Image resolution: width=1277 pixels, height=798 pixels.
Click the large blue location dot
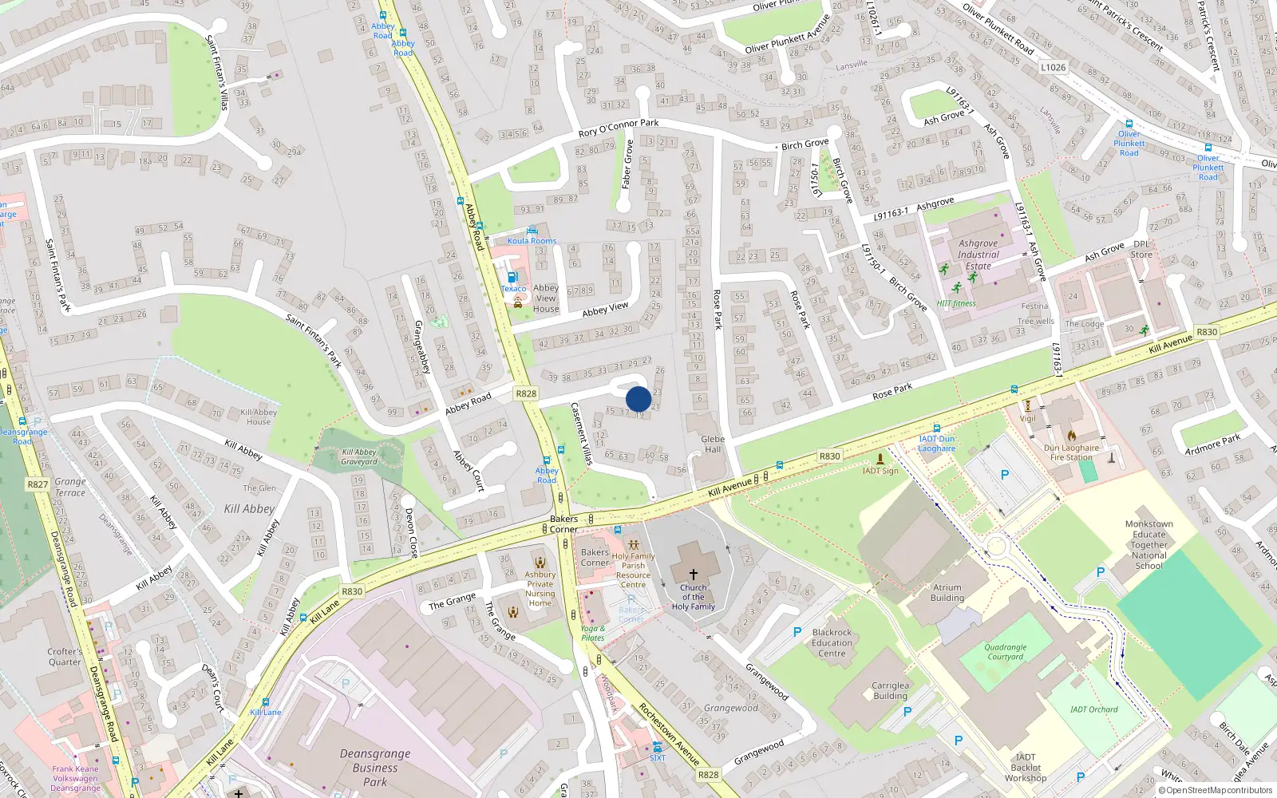(638, 399)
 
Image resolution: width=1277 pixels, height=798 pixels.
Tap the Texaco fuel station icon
(512, 277)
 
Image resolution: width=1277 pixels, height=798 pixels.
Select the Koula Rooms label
(532, 240)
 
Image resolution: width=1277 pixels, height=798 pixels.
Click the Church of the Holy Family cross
(693, 574)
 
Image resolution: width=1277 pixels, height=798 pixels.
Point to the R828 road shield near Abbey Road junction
(526, 393)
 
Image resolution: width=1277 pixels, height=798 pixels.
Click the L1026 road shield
(1053, 68)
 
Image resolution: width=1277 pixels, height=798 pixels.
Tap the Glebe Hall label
(713, 444)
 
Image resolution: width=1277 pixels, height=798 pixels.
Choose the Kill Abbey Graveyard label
(359, 456)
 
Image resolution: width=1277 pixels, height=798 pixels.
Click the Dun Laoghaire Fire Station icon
(1071, 436)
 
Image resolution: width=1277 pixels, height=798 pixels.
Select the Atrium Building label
(947, 592)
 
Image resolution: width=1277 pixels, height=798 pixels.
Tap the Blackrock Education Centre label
(832, 642)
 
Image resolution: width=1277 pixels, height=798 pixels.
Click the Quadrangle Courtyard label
(1005, 652)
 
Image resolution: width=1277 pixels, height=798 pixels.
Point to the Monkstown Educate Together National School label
(1149, 545)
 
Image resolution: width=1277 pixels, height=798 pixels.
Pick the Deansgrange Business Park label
(375, 768)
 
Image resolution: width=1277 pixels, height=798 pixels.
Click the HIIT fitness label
(956, 303)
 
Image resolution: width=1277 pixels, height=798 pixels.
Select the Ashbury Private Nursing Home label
(540, 589)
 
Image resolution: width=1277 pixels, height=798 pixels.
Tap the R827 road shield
(38, 484)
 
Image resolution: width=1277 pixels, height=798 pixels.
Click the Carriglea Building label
(890, 690)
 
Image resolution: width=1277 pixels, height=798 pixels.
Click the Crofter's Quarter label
(65, 657)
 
